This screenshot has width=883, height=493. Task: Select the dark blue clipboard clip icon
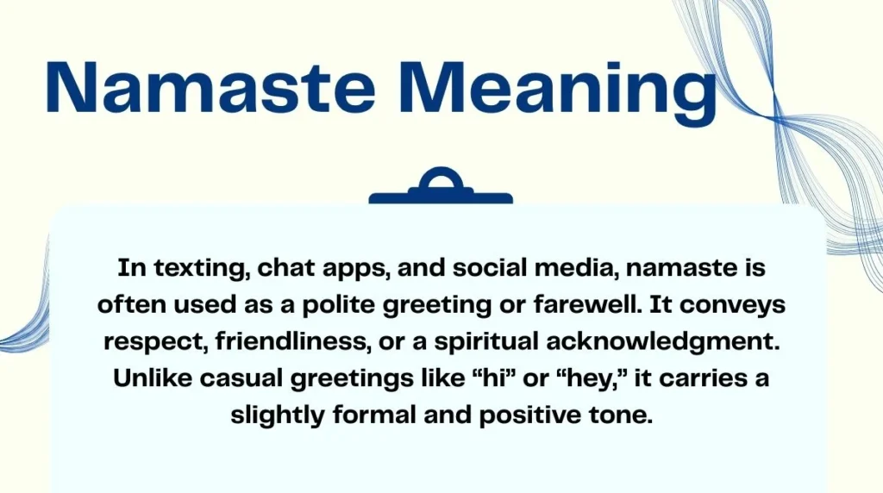tap(441, 189)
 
